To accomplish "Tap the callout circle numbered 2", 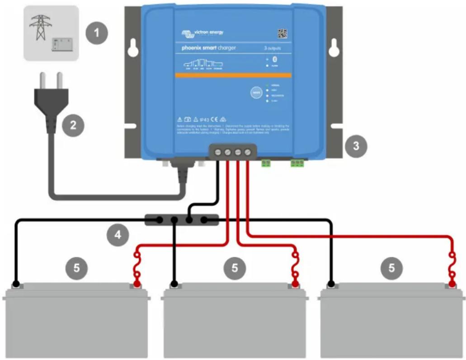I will [74, 125].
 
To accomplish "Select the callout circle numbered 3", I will [356, 146].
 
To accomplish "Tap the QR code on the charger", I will [282, 33].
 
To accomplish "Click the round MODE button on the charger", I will [256, 93].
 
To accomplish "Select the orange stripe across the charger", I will [232, 75].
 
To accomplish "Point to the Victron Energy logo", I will [202, 33].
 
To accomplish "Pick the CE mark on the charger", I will [215, 118].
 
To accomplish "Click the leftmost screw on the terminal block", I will [218, 153].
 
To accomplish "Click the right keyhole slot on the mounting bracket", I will [334, 49].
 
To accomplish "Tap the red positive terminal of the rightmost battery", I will [451, 284].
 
